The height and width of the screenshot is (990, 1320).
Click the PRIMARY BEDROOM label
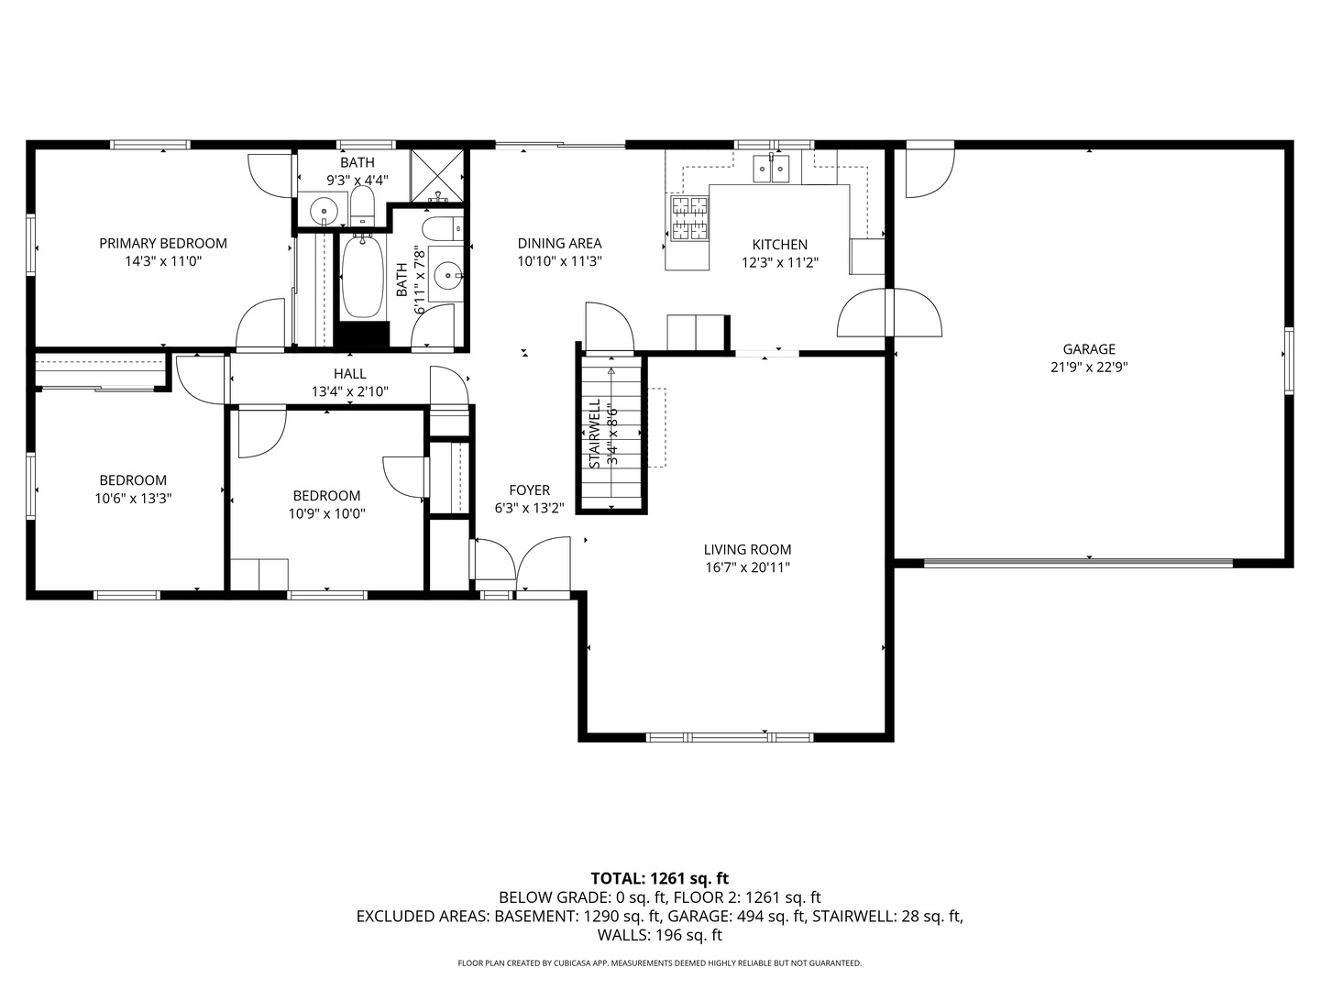click(163, 244)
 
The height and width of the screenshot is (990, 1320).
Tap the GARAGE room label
click(1089, 349)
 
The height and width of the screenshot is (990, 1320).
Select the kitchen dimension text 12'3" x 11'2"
click(780, 263)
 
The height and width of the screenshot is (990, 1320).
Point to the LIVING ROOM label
click(747, 549)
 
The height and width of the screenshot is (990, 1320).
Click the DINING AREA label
click(560, 244)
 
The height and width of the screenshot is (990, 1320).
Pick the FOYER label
click(529, 489)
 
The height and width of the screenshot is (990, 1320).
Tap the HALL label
click(350, 374)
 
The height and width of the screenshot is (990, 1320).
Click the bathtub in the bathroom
click(363, 276)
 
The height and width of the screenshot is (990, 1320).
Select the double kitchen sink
click(772, 168)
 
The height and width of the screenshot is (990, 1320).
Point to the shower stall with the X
click(437, 175)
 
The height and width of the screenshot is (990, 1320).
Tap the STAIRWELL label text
click(595, 434)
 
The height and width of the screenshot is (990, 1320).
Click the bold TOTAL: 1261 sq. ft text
click(660, 879)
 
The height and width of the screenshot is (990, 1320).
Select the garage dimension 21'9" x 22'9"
click(1089, 368)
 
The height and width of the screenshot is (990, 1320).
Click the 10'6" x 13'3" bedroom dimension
click(133, 499)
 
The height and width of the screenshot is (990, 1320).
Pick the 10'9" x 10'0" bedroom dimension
click(326, 514)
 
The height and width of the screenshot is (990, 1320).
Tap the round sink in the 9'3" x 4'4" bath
click(324, 211)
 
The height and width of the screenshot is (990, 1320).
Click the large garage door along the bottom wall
click(1078, 563)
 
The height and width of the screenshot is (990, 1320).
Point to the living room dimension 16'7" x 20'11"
click(747, 567)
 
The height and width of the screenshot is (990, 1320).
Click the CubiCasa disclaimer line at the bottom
click(660, 962)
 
